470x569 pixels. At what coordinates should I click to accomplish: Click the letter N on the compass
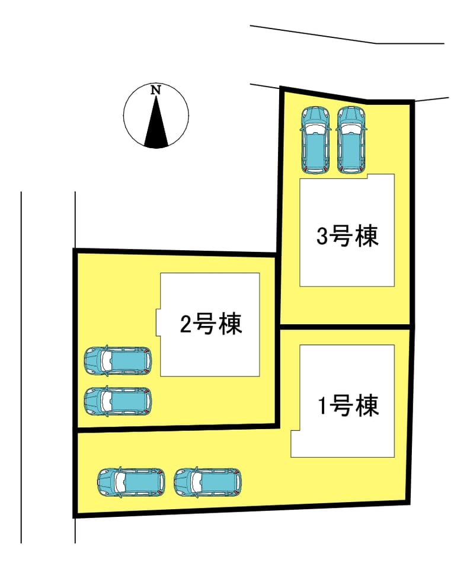pyautogui.click(x=156, y=90)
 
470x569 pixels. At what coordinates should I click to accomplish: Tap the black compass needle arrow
pyautogui.click(x=156, y=122)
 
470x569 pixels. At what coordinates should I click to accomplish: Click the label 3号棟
pyautogui.click(x=347, y=236)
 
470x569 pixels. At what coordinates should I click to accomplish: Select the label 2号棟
pyautogui.click(x=211, y=324)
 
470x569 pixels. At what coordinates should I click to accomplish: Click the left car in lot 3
pyautogui.click(x=315, y=140)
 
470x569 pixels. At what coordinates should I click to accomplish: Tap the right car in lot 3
pyautogui.click(x=351, y=140)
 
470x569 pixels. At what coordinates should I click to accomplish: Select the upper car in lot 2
pyautogui.click(x=117, y=361)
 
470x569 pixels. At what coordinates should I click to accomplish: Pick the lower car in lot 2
pyautogui.click(x=117, y=401)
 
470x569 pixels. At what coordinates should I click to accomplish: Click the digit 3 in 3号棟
pyautogui.click(x=322, y=236)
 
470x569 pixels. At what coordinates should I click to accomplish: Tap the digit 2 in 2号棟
pyautogui.click(x=186, y=324)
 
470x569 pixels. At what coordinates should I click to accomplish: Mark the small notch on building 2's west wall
pyautogui.click(x=158, y=322)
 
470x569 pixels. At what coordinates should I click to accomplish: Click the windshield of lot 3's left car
pyautogui.click(x=315, y=128)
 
